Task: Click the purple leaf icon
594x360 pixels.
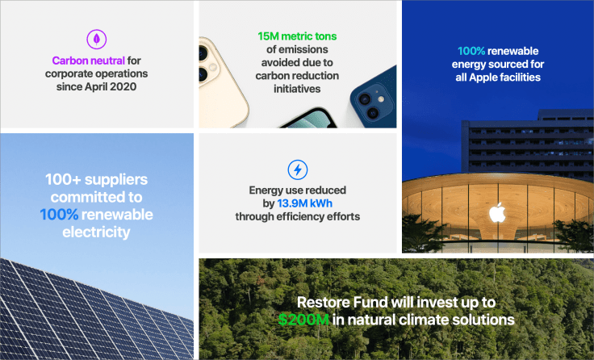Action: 97,38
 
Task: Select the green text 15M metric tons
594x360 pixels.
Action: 297,37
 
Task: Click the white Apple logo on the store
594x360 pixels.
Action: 496,212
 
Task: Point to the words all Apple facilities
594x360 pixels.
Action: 496,77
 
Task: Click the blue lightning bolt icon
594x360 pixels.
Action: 297,170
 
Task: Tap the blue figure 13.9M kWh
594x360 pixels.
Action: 303,203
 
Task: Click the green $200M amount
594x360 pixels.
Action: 303,320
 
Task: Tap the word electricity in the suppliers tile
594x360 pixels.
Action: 96,232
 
